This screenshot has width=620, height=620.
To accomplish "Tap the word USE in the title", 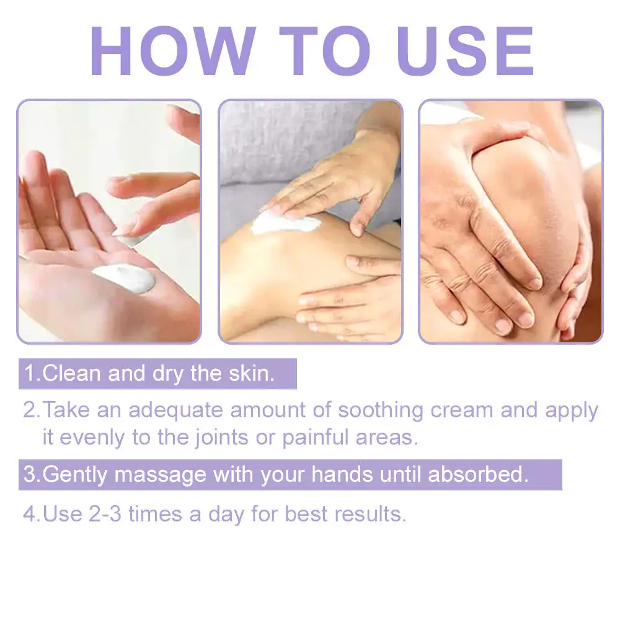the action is coord(467,51).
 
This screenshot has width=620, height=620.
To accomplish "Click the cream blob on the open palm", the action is coord(125,278).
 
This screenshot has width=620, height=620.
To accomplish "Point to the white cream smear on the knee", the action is coord(285,222).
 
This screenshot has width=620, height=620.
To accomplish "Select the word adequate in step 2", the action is coord(176,410).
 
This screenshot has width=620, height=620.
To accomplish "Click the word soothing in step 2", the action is coord(381,410).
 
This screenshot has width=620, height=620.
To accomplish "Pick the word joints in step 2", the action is coord(222,438).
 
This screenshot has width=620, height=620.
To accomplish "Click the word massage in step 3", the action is coord(160,474).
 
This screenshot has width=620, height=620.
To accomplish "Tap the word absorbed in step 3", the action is coord(478,474).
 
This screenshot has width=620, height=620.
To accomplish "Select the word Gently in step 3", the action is coord(75,475).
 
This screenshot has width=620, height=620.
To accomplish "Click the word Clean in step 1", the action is coord(71,373).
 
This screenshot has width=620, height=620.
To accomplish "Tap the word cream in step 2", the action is coord(461,411).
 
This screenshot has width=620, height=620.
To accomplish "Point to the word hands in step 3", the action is coord(342,474).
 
